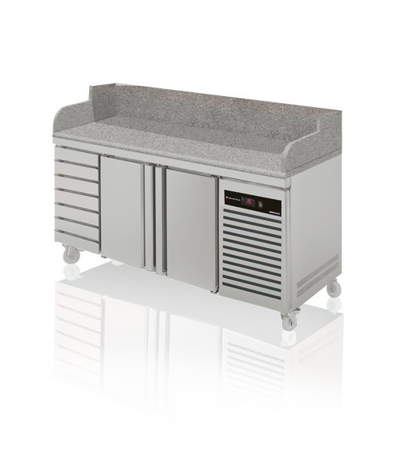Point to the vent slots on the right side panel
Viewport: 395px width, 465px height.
pyautogui.click(x=318, y=268)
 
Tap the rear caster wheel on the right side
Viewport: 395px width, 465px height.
pyautogui.click(x=334, y=288)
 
